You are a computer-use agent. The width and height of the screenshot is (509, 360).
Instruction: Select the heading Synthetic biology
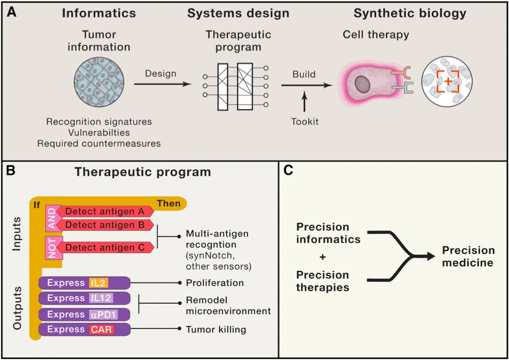pos(410,13)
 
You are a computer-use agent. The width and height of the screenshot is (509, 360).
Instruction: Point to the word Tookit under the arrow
pos(304,122)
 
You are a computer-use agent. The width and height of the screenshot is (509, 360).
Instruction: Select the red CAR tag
pos(101,329)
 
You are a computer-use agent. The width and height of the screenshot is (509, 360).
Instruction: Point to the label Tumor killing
pos(216,330)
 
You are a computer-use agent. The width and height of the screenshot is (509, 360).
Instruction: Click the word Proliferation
pos(214,283)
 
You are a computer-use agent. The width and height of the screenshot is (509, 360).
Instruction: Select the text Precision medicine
pos(468,256)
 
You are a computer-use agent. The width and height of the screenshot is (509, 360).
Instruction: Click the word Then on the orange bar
pos(168,203)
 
